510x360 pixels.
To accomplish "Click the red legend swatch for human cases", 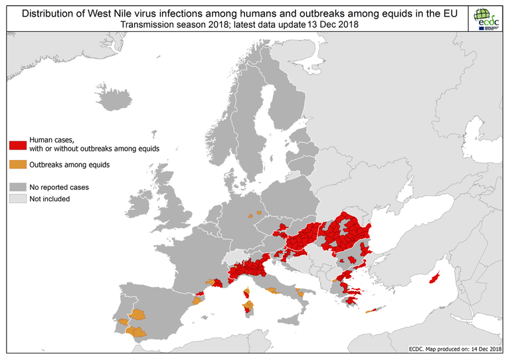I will [17, 145].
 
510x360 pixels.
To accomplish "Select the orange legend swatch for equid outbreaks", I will [17, 164].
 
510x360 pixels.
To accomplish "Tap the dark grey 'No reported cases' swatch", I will [17, 187].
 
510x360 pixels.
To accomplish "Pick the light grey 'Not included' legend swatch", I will [17, 198].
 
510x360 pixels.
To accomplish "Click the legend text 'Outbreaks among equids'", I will [70, 164].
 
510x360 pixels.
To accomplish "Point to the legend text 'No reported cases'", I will [59, 187].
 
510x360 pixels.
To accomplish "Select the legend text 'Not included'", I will [50, 199].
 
